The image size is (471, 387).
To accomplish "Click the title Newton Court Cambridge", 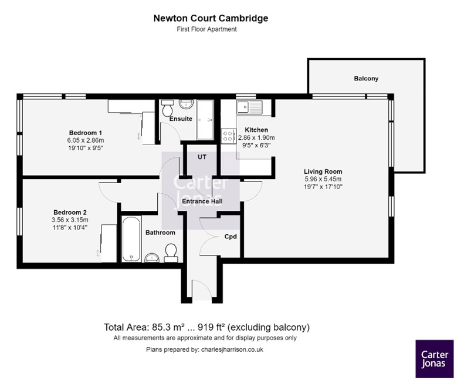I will (211, 18).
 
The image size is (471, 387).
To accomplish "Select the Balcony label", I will (366, 79).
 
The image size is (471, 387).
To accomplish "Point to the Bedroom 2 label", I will (70, 213).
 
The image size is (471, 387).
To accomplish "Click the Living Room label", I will (323, 171).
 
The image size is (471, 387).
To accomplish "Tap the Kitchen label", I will (256, 130).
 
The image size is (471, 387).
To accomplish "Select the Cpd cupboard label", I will (231, 237).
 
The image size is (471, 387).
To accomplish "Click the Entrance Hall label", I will (201, 202).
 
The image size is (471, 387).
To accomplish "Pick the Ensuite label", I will (181, 119).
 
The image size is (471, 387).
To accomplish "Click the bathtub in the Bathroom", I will (131, 238).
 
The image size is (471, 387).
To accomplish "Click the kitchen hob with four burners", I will (228, 136).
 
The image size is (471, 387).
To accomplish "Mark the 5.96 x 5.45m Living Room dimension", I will (323, 179).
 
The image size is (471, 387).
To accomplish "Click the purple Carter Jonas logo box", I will (434, 358).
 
